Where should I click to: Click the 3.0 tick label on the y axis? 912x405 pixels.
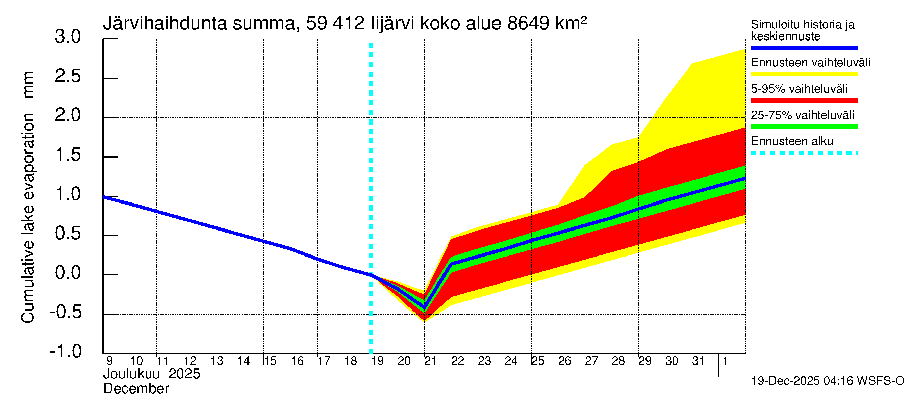pos(68,37)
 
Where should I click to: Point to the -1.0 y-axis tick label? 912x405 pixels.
pos(66,351)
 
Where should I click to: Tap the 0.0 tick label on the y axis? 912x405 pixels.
pos(68,273)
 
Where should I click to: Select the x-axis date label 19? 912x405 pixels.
pos(377,361)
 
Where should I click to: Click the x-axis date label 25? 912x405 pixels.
pos(537,361)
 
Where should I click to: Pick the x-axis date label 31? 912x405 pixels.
pos(698,361)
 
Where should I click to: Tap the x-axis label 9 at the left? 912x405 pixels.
pos(109,361)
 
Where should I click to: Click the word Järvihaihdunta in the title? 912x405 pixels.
pos(164,23)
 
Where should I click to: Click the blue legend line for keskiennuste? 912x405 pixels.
pos(804,48)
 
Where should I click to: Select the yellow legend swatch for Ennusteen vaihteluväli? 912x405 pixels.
pos(804,74)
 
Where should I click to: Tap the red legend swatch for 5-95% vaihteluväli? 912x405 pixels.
pos(804,101)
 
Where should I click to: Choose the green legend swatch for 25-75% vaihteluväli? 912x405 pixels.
pos(804,127)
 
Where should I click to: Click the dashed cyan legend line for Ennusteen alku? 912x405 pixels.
pos(804,153)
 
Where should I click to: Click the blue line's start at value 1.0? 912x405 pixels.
pos(104,197)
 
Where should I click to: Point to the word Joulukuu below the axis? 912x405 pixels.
pos(131,374)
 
